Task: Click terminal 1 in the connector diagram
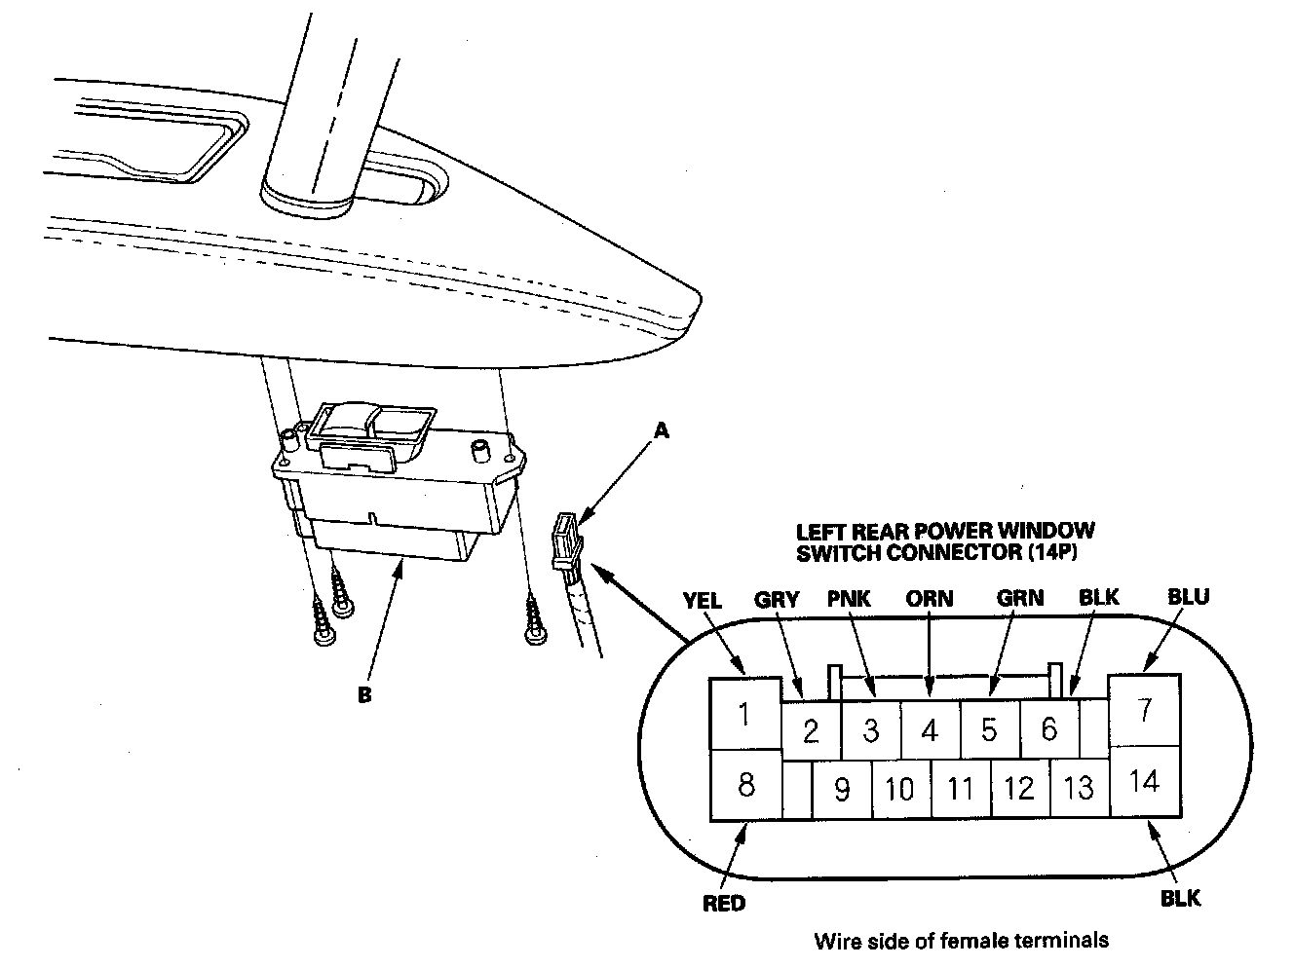(744, 715)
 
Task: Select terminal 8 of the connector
(745, 784)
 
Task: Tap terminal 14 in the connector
(1145, 780)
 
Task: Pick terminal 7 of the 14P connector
(1145, 709)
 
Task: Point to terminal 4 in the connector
(930, 729)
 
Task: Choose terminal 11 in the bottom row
(961, 788)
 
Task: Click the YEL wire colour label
(703, 600)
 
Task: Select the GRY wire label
(777, 600)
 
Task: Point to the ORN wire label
(929, 598)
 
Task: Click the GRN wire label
(1019, 598)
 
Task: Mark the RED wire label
(724, 904)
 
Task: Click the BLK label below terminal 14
(1180, 898)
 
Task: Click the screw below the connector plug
(533, 620)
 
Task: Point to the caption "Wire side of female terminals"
(961, 941)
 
